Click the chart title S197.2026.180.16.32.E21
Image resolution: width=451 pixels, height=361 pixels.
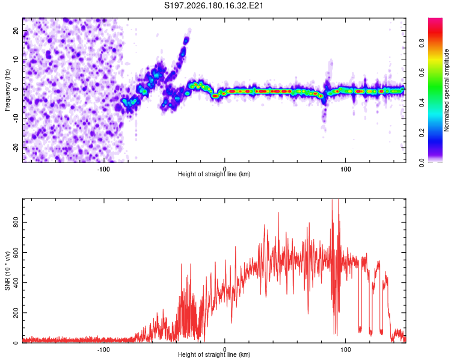(213, 5)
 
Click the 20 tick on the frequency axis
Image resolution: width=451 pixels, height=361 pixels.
(16, 31)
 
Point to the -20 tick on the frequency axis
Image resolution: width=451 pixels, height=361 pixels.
(16, 148)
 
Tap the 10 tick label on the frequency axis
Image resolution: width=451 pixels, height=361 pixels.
(16, 60)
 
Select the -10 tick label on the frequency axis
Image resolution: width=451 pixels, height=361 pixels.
(16, 118)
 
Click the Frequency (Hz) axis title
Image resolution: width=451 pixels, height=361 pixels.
(7, 90)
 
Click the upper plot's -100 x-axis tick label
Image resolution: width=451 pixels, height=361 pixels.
(103, 169)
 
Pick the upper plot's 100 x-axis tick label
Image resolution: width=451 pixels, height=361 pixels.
(345, 169)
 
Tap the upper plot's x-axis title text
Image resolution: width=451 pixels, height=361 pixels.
(214, 174)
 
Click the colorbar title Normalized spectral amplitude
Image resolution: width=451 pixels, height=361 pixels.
(446, 90)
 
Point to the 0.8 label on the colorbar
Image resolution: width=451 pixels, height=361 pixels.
(422, 43)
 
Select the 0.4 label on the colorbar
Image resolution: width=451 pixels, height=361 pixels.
(422, 102)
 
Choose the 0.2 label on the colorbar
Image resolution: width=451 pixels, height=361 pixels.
(422, 133)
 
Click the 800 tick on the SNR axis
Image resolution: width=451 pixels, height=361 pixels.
(16, 222)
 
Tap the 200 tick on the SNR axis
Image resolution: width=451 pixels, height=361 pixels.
(16, 313)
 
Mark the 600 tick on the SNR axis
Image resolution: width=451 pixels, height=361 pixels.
(16, 253)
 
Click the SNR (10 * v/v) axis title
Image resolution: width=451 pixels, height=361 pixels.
(7, 271)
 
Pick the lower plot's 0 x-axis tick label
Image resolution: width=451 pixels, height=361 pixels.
(225, 350)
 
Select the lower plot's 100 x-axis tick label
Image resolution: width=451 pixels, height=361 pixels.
(345, 350)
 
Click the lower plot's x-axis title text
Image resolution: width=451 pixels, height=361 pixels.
(214, 354)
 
